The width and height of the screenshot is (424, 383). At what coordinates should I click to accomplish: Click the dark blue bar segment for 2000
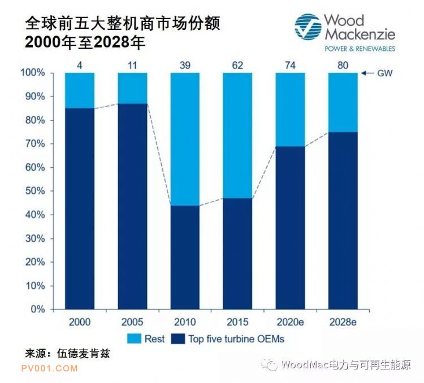click(80, 208)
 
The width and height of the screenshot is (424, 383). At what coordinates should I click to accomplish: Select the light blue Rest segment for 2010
click(185, 139)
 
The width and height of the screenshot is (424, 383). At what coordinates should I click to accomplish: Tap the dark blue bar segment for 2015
click(237, 254)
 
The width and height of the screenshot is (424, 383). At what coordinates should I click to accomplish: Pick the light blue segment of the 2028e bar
click(343, 102)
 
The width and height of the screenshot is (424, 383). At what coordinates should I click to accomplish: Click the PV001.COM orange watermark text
click(49, 368)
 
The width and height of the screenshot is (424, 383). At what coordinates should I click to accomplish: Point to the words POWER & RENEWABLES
click(360, 49)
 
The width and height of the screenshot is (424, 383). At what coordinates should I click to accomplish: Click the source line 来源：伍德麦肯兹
click(67, 354)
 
